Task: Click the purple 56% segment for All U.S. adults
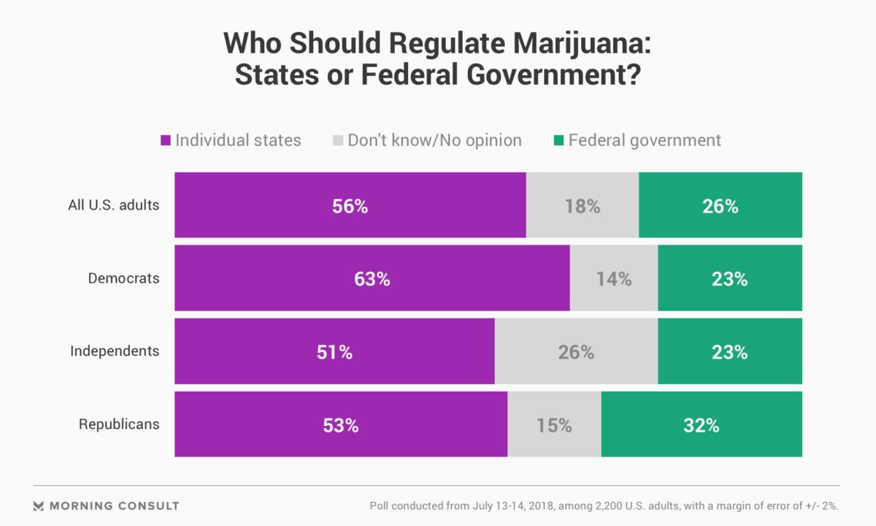(x=350, y=205)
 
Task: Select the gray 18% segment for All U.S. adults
(x=583, y=205)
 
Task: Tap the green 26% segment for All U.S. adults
(x=721, y=205)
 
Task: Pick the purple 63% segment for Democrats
(x=372, y=278)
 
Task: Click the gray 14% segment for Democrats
(x=614, y=278)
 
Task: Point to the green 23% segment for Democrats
(x=730, y=278)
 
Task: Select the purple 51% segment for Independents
(x=335, y=351)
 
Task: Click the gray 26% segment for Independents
(x=576, y=351)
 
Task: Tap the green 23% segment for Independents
(x=730, y=351)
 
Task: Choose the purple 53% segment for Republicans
(x=341, y=424)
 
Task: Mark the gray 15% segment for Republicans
(x=554, y=424)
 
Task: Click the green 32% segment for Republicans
(x=702, y=424)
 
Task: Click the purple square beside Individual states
(x=165, y=140)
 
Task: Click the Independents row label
(x=115, y=351)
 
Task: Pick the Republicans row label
(x=119, y=424)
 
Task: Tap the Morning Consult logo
(x=107, y=506)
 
